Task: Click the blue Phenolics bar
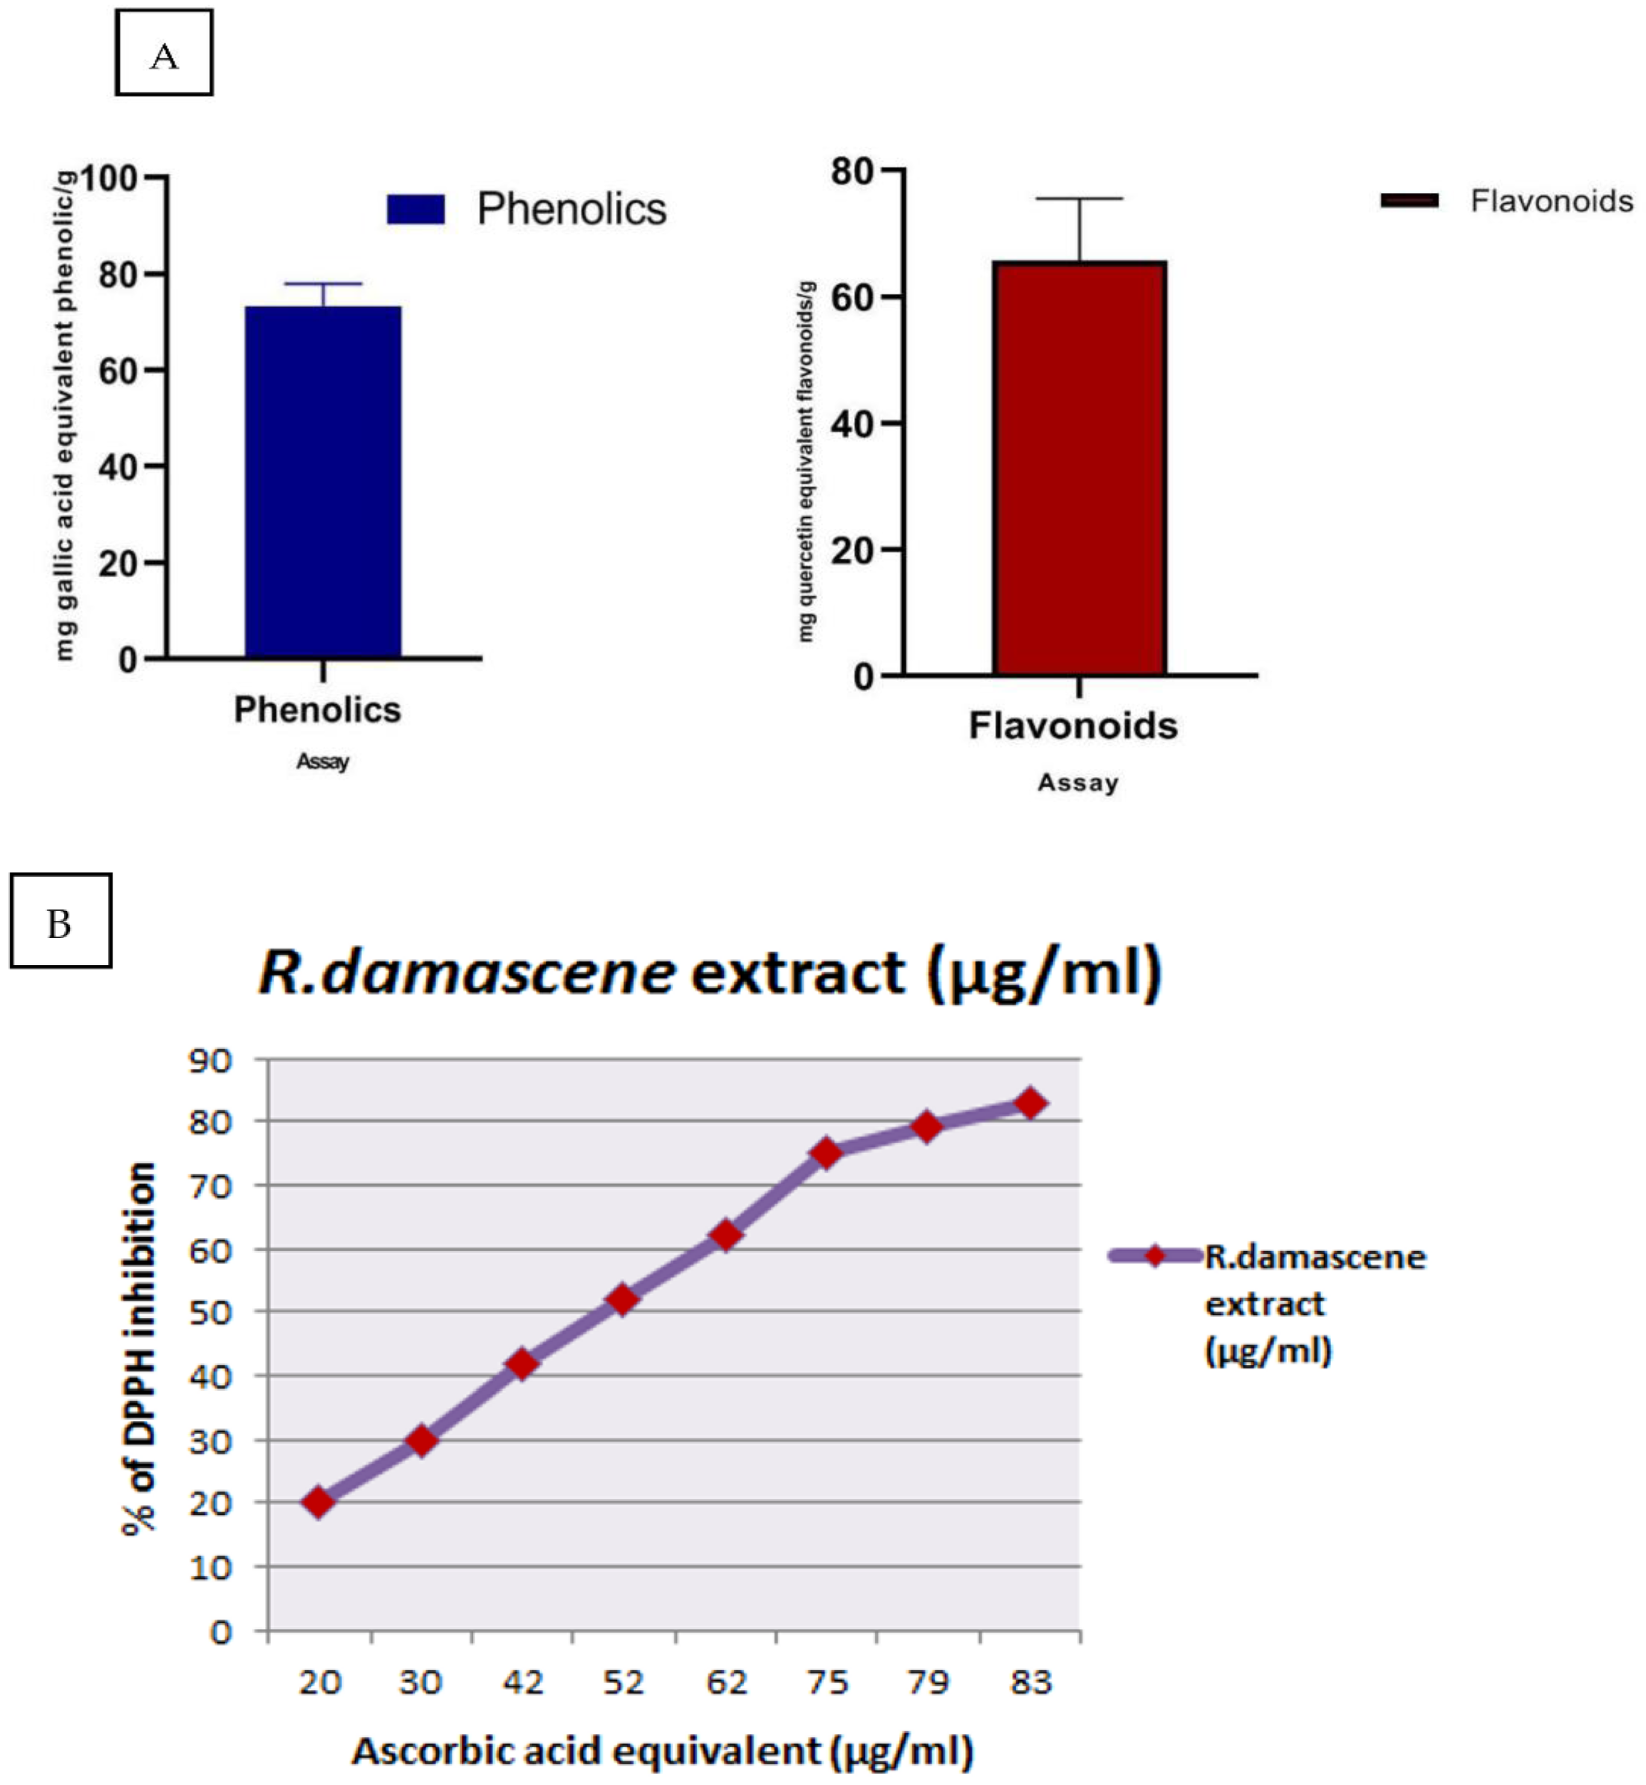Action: point(323,481)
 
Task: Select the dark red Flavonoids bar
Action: point(1080,468)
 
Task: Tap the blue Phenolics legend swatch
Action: point(416,209)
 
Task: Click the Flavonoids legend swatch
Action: point(1409,201)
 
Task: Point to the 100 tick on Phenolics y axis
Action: point(110,178)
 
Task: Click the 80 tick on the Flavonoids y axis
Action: point(853,171)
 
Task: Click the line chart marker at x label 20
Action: point(319,1502)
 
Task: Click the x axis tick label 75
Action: point(827,1683)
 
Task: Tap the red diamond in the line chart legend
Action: point(1154,1256)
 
